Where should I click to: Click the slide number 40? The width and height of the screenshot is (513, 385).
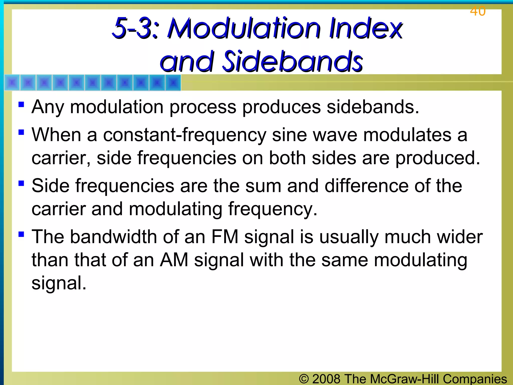[x=478, y=11]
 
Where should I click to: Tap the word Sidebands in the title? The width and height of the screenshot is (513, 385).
[x=292, y=61]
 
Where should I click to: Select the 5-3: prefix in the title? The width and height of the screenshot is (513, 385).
[x=135, y=28]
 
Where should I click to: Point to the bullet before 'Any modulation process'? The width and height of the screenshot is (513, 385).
[x=21, y=104]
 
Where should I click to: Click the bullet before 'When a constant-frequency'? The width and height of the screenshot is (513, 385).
[x=21, y=132]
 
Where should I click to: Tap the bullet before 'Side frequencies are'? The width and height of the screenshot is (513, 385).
[x=21, y=183]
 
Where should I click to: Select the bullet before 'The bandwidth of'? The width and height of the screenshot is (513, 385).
[x=21, y=234]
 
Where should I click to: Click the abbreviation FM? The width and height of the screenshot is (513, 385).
[x=224, y=237]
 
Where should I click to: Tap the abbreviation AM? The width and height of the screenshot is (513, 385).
[x=174, y=260]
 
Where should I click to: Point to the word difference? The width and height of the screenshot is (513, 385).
[x=366, y=186]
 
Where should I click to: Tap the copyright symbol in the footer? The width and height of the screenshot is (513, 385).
[x=304, y=379]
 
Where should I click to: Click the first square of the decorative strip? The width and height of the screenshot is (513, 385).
[x=12, y=82]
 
